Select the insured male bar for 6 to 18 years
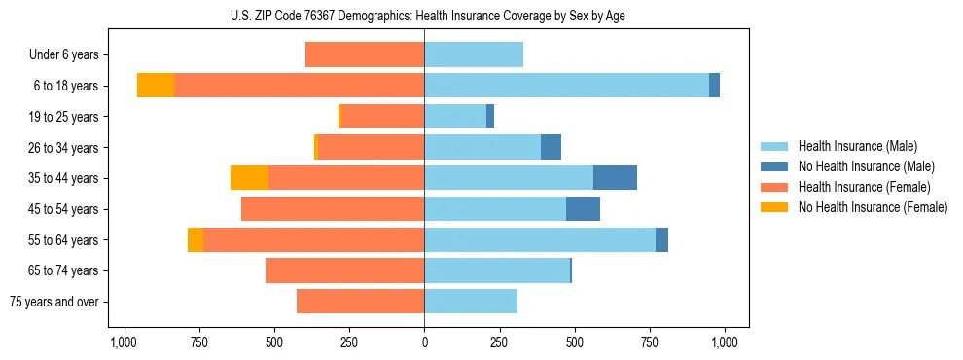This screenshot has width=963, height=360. click(566, 86)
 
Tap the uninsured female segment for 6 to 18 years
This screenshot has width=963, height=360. click(156, 86)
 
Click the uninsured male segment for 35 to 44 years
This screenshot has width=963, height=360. click(615, 178)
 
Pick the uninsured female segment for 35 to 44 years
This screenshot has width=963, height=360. click(249, 178)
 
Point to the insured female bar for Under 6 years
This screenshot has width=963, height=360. click(365, 54)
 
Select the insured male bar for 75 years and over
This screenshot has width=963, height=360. click(471, 302)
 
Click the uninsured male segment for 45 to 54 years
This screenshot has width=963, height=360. click(583, 209)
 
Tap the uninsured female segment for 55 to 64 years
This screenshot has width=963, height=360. click(196, 240)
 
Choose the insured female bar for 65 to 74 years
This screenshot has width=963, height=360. click(344, 270)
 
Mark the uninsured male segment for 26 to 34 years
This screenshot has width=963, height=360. click(551, 147)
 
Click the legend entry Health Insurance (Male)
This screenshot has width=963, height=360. click(857, 146)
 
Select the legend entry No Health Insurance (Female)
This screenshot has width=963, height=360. click(873, 207)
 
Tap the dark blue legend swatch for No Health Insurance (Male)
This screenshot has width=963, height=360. click(775, 166)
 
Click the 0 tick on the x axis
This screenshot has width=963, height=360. click(424, 342)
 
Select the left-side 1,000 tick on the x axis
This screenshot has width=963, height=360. click(123, 342)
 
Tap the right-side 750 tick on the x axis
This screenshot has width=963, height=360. click(650, 342)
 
